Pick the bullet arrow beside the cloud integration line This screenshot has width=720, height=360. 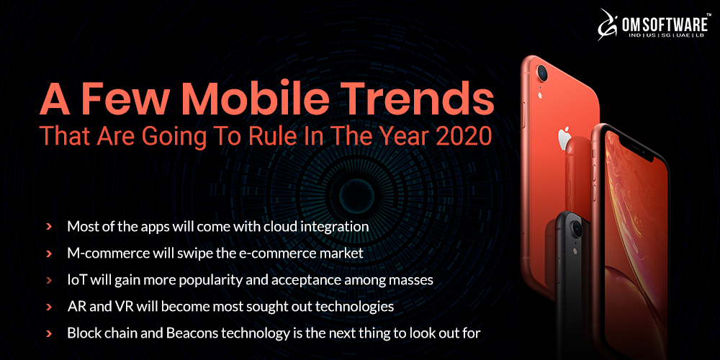tap(49, 226)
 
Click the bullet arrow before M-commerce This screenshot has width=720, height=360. tap(49, 253)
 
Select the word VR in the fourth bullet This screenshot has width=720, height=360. tap(126, 307)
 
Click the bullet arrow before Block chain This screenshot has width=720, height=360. tap(49, 333)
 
